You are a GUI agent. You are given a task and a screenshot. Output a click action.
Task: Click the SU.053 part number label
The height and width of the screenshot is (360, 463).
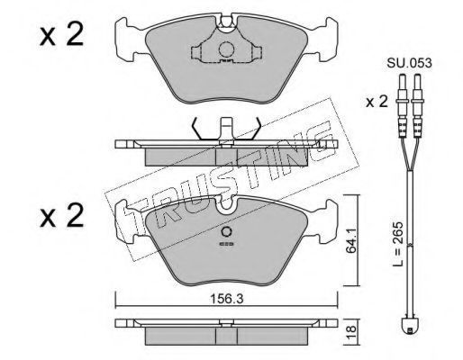tap(409, 63)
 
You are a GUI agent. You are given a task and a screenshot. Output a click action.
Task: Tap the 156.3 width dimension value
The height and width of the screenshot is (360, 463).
tap(226, 299)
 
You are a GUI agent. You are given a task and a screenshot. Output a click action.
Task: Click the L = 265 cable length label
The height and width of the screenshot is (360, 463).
tap(399, 244)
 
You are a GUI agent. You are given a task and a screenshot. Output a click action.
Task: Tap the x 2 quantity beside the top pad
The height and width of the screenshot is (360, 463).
tap(61, 35)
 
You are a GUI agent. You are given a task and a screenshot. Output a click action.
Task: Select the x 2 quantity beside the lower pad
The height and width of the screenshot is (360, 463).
tap(61, 215)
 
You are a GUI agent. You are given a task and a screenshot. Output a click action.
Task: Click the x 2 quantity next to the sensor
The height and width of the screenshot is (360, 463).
tap(377, 102)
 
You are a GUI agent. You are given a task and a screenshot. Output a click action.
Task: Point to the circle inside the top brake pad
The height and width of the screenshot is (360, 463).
tap(226, 49)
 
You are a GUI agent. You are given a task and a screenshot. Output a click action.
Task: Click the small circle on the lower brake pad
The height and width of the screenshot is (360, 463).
tap(226, 231)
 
